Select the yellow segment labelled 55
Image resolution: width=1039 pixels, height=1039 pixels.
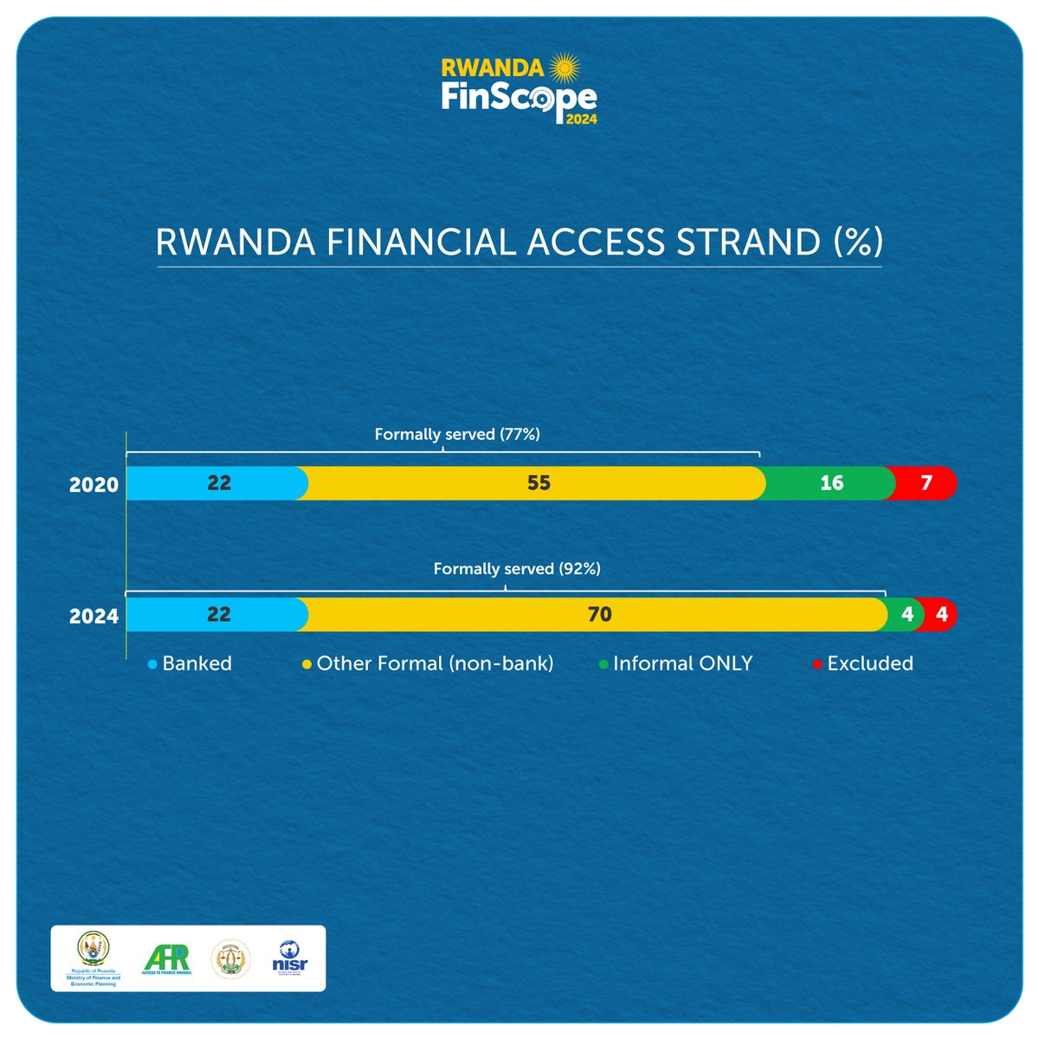tap(537, 483)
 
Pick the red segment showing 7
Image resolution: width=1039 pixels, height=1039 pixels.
tap(926, 483)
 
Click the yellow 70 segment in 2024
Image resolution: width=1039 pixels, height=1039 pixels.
tap(597, 615)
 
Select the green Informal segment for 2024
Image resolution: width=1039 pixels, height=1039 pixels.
tap(906, 615)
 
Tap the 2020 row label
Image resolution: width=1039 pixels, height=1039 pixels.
tap(94, 485)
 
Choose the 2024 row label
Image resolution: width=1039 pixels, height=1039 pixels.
tap(94, 616)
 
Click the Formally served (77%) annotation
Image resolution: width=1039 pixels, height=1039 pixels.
tap(457, 435)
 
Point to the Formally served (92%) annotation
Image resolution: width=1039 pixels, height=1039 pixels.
tap(517, 569)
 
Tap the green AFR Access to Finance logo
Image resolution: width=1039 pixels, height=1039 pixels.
tap(166, 958)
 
